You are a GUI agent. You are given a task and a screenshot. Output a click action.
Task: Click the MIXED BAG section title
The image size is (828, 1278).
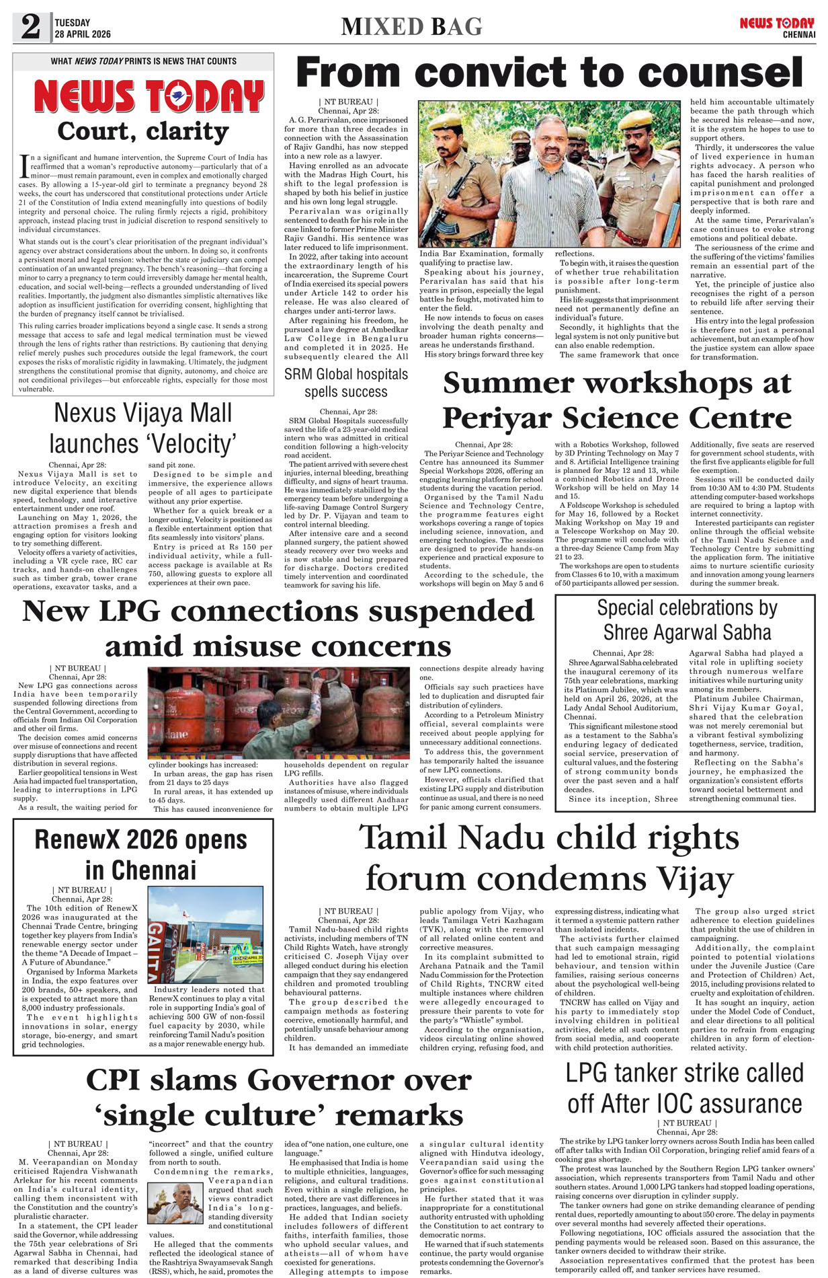[411, 27]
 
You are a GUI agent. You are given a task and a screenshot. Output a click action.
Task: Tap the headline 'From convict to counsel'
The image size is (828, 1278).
[549, 73]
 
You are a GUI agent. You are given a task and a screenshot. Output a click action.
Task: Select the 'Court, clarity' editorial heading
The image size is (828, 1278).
[143, 131]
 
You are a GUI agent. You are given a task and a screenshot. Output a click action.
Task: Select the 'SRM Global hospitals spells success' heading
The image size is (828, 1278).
[345, 383]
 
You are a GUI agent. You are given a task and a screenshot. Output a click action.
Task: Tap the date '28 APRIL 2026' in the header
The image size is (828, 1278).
[83, 34]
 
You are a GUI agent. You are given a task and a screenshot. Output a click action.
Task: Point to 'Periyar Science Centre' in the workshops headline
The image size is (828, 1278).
[616, 418]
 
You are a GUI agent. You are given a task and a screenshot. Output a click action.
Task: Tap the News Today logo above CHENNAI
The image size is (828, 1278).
[777, 24]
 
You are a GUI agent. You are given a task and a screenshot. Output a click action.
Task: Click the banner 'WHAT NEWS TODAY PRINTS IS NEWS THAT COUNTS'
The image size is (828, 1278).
[143, 61]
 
